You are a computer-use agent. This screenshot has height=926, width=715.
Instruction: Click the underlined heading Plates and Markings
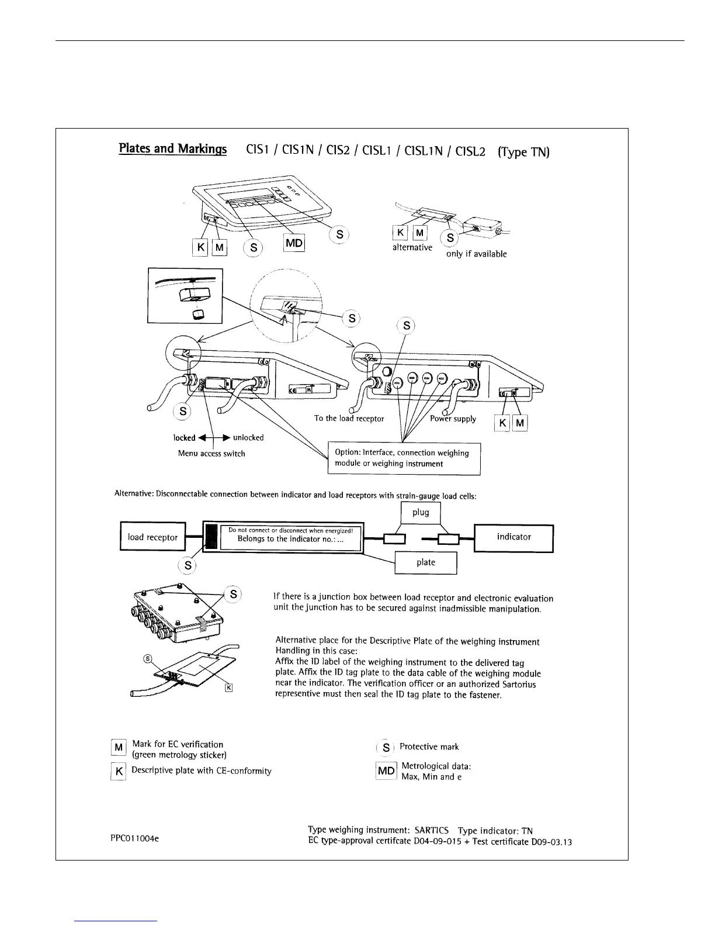coord(172,148)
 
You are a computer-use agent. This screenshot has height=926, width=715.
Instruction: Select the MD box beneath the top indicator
coord(294,243)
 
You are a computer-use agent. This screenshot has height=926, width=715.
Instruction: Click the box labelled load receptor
coord(152,537)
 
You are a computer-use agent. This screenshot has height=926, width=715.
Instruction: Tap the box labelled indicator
coord(513,537)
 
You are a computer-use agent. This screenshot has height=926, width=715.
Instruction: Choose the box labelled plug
coord(421,513)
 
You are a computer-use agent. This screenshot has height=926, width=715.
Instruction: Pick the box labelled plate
coord(425,562)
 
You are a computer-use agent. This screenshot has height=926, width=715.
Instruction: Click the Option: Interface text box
coord(404,458)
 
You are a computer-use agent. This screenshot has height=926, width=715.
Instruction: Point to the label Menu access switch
coord(211,454)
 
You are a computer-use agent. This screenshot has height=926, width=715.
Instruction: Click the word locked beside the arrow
coord(184,438)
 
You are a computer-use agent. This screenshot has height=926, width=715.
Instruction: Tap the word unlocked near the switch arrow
coord(248,438)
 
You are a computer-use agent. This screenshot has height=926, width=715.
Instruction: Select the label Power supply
coord(453,419)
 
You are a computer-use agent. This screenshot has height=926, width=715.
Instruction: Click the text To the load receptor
coord(349,419)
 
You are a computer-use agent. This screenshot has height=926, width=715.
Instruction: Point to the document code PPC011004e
coord(133,838)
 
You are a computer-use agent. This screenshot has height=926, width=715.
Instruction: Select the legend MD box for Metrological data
coord(386,770)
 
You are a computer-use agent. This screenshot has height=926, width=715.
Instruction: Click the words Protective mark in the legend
coord(429,747)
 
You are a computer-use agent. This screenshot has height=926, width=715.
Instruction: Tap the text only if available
coord(476,254)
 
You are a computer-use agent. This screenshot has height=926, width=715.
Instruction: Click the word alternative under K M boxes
coord(412,247)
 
